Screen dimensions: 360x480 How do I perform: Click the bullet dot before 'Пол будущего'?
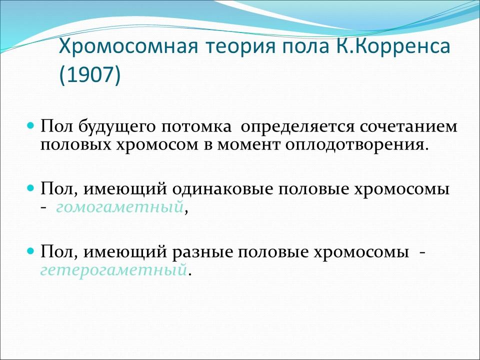click(x=30, y=123)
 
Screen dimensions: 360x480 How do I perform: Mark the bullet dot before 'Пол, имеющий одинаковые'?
click(x=30, y=188)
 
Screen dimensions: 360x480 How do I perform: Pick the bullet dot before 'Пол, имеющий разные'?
click(x=30, y=250)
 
